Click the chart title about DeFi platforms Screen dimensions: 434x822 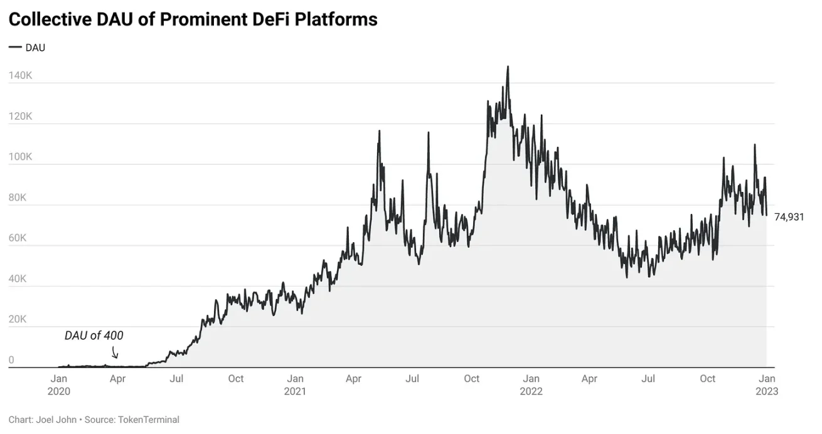(193, 19)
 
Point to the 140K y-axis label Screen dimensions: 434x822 (20, 75)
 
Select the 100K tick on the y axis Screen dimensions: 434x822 (20, 157)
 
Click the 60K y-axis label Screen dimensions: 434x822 (18, 238)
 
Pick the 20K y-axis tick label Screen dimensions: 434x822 (18, 319)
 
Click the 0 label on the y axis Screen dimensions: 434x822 (11, 360)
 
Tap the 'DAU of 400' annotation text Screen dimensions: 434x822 (94, 336)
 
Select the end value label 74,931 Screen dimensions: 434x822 (789, 217)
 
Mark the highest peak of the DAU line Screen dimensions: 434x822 (508, 67)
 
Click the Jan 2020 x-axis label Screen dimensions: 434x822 (58, 384)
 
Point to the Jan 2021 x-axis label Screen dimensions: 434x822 (295, 384)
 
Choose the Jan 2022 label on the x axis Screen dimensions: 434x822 (531, 384)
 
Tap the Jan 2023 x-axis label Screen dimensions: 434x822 (767, 384)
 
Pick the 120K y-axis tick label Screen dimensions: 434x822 (20, 117)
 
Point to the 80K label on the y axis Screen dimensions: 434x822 (18, 198)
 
